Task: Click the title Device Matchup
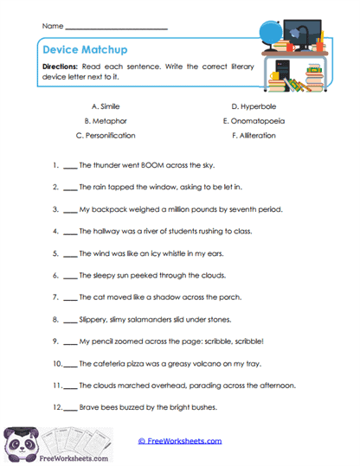79,50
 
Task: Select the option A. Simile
106,105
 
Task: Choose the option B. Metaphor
106,120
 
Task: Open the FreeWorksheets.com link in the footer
179,441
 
